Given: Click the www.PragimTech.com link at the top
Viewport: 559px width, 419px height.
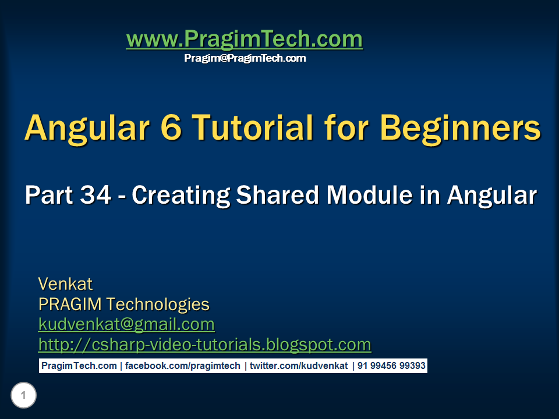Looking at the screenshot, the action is pos(244,39).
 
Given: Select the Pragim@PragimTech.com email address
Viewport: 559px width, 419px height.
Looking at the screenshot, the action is pos(245,58).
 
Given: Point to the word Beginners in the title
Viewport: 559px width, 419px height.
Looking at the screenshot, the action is pos(460,129).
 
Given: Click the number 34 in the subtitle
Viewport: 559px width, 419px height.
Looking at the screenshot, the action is pos(95,195).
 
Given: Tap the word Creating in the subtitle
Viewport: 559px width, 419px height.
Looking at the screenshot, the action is pos(181,196).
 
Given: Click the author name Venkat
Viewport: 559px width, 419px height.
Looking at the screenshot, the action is pos(65,284).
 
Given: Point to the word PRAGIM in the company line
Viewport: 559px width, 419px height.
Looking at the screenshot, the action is pos(70,304).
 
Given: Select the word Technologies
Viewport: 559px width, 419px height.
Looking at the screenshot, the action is pos(158,305).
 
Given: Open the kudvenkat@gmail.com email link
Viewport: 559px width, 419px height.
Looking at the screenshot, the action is pos(126,325).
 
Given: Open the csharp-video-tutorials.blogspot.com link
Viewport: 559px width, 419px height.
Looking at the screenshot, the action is pos(204,345).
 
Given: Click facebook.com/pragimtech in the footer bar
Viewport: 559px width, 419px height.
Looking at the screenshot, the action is pos(182,366).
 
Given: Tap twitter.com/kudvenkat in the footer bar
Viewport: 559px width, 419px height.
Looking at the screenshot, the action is pos(299,366).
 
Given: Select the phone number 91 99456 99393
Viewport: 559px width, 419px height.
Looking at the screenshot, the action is pos(391,366).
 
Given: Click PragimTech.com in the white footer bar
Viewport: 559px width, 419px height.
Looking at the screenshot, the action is pos(79,366).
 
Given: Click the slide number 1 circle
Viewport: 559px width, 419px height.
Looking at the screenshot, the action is pos(23,395).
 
